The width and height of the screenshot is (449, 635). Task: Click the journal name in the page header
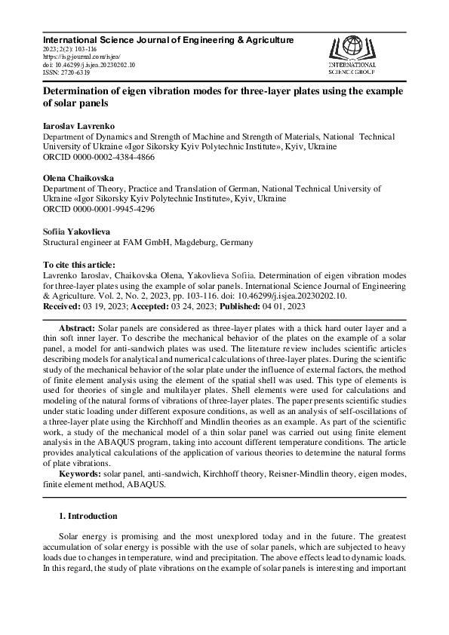[168, 39]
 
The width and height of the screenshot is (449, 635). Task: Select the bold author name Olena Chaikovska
[78, 176]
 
